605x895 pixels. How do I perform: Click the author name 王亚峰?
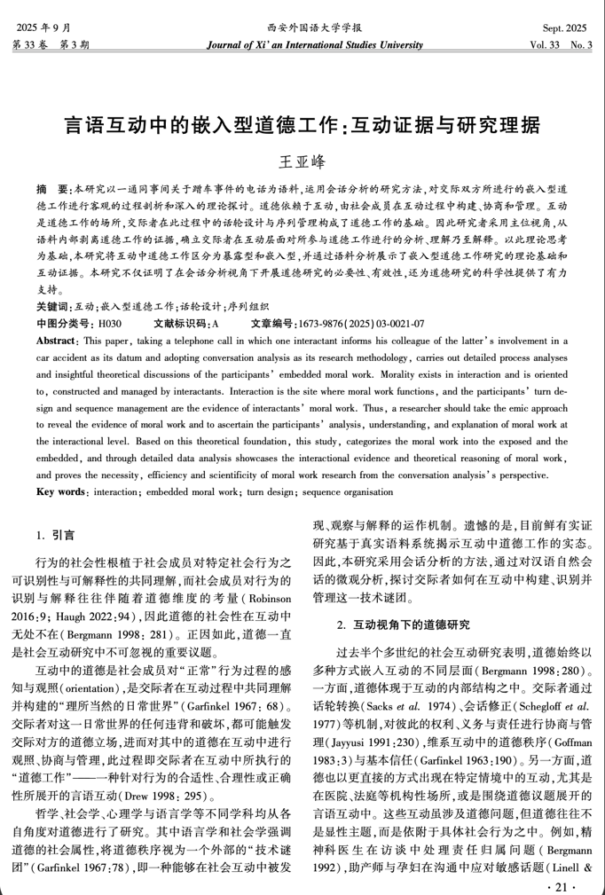302,161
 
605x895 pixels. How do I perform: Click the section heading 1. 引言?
55,535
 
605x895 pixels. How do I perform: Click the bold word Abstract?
59,365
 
